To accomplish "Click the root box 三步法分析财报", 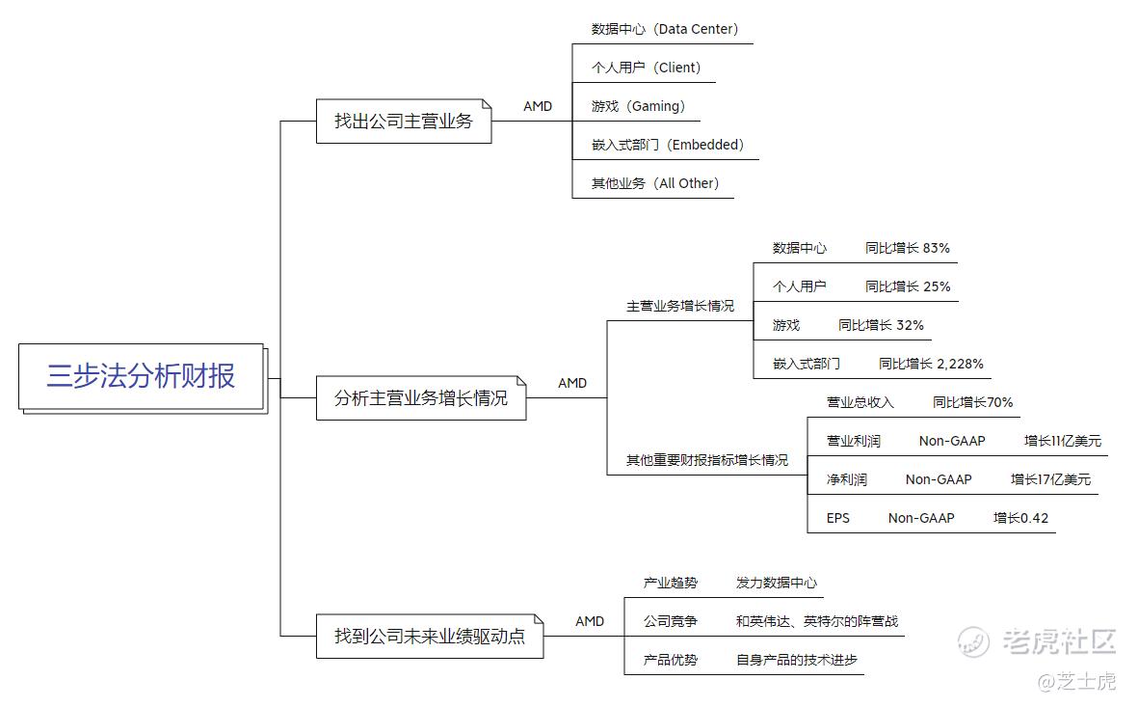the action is pyautogui.click(x=142, y=376).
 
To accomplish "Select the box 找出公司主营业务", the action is pyautogui.click(x=404, y=122).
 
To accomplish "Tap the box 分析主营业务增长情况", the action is pyautogui.click(x=421, y=398).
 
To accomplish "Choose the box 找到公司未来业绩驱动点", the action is pyautogui.click(x=430, y=637).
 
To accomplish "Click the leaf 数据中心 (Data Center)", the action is pyautogui.click(x=665, y=29).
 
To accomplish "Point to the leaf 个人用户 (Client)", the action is pyautogui.click(x=646, y=68).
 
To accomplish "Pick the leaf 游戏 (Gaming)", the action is pyautogui.click(x=638, y=106).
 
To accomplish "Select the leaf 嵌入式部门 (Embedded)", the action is pyautogui.click(x=668, y=145).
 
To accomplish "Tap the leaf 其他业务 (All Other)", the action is pyautogui.click(x=654, y=183).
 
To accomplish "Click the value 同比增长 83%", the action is pyautogui.click(x=907, y=248).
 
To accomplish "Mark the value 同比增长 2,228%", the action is pyautogui.click(x=931, y=364).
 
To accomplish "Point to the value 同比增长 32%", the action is pyautogui.click(x=881, y=325).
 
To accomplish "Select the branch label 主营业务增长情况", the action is pyautogui.click(x=680, y=306).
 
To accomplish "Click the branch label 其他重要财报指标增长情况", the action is pyautogui.click(x=707, y=460).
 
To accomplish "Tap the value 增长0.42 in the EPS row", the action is pyautogui.click(x=1020, y=518).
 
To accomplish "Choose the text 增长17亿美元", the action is pyautogui.click(x=1050, y=479).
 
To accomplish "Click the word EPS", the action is pyautogui.click(x=837, y=518).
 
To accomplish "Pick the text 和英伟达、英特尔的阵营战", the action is pyautogui.click(x=816, y=621).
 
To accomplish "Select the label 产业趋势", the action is pyautogui.click(x=670, y=583).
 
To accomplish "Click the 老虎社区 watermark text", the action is pyautogui.click(x=1059, y=640).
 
